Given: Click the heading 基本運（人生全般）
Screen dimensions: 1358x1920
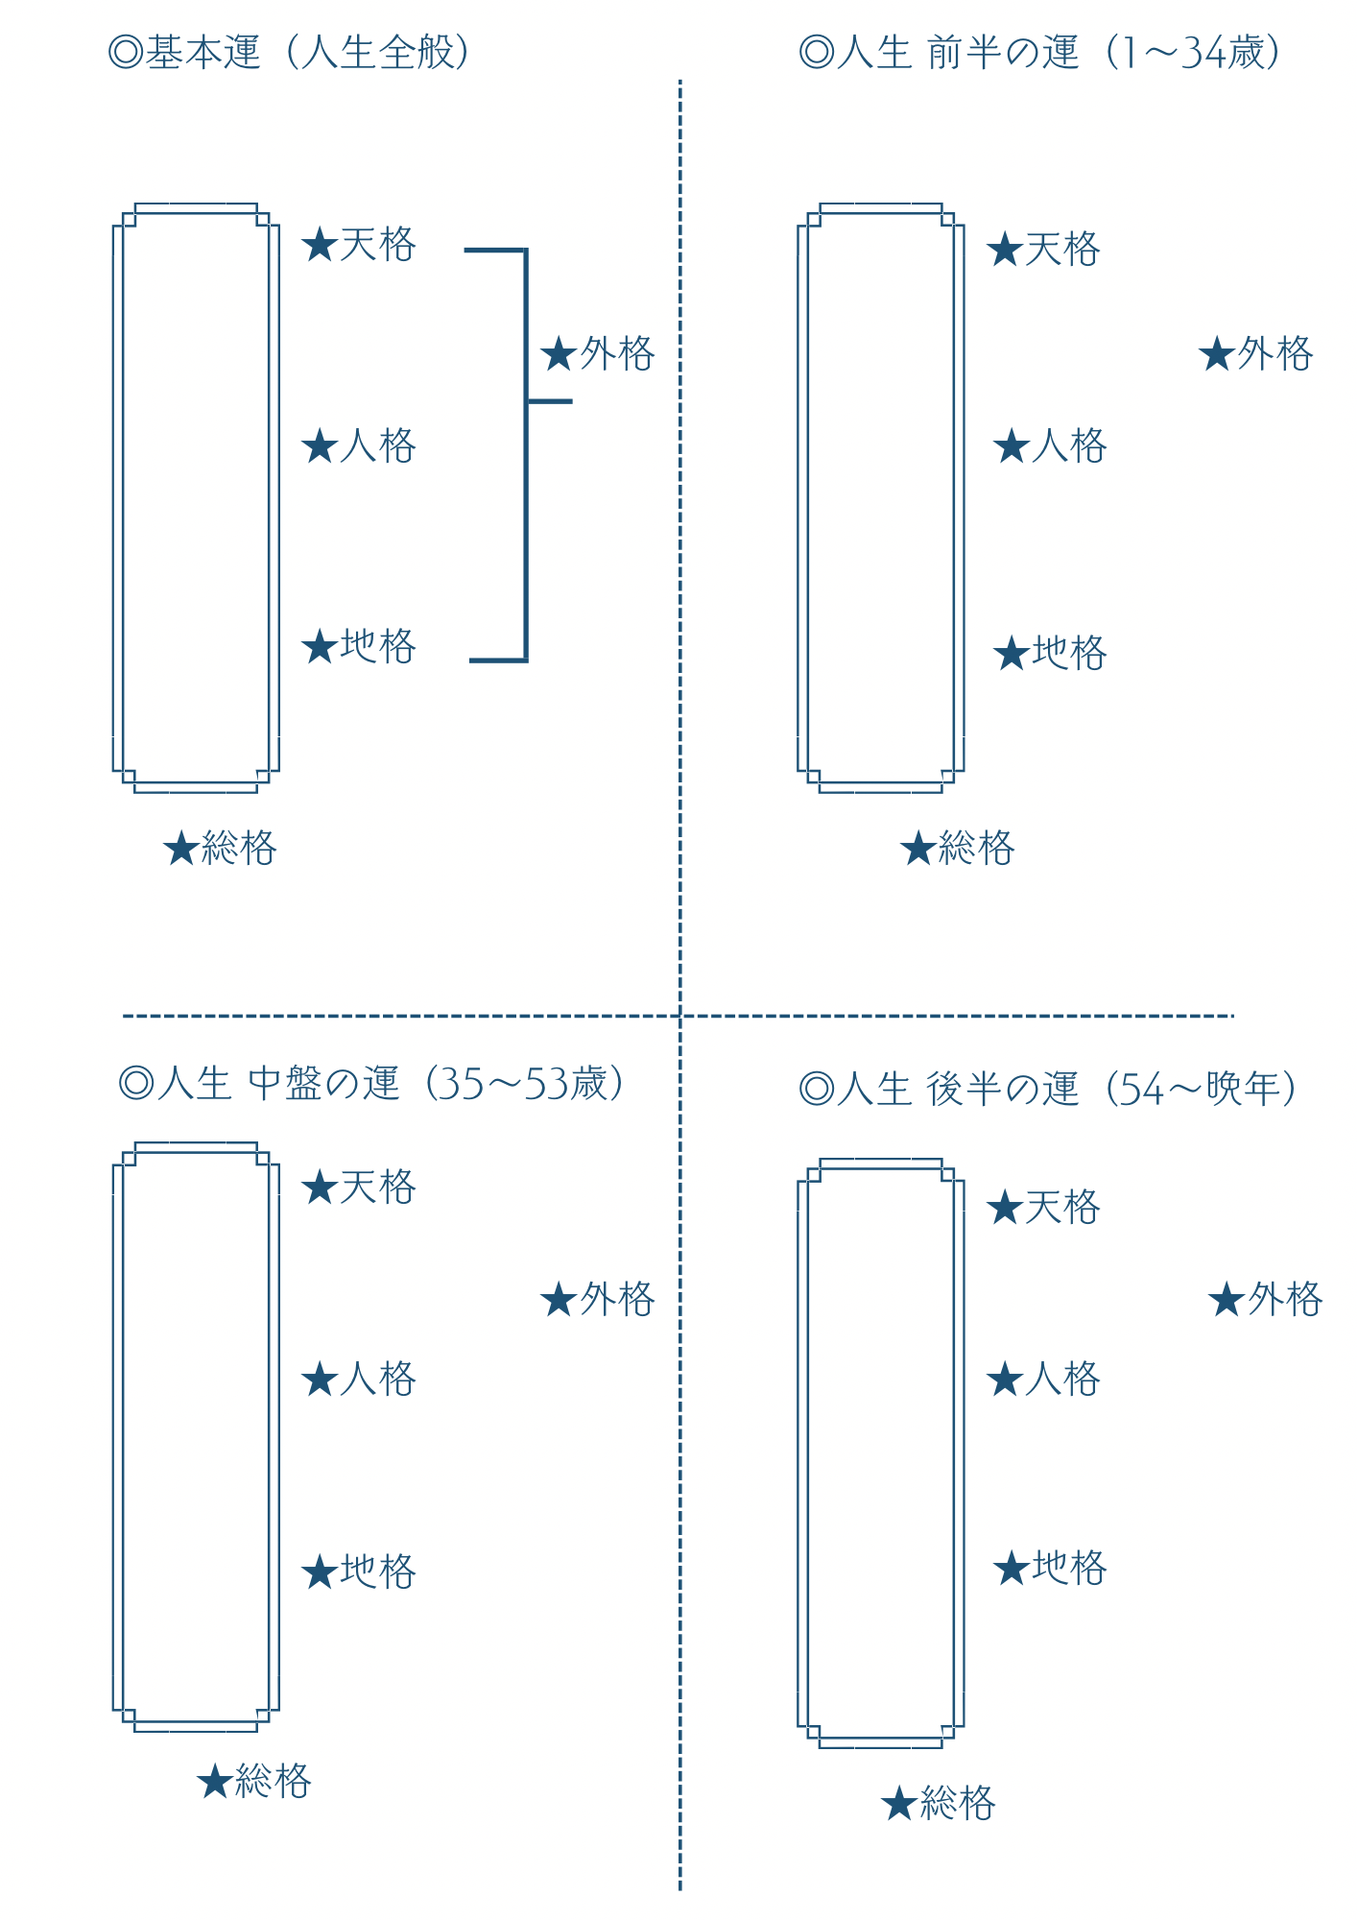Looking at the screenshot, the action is (x=290, y=52).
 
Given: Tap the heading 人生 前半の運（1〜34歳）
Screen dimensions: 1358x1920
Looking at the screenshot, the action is (x=1039, y=52).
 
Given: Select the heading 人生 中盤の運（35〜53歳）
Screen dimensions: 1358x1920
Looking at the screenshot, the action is (x=370, y=1083).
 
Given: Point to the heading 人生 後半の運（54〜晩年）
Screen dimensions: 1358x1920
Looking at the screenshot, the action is (x=1047, y=1089).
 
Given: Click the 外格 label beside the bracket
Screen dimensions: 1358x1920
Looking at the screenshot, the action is (x=598, y=354).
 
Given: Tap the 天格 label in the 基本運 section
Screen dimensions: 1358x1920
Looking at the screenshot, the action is (x=359, y=245).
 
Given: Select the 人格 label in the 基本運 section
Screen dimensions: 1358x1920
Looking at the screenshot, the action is (x=359, y=445).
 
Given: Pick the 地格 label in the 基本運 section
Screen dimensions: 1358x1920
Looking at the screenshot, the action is (x=359, y=646).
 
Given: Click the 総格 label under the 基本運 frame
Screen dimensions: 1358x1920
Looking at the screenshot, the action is (x=220, y=848).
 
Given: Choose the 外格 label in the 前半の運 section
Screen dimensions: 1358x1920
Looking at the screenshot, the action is (x=1256, y=354).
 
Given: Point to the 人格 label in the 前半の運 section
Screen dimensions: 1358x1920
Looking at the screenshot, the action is (x=1051, y=445).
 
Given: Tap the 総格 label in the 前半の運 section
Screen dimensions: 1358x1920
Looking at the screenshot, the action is (x=958, y=848).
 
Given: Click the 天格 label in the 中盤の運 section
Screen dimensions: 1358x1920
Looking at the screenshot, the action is (x=359, y=1188).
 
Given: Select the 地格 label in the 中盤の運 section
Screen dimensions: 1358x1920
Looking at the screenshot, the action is (x=359, y=1572).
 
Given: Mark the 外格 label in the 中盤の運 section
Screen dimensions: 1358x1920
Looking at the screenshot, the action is (x=598, y=1300).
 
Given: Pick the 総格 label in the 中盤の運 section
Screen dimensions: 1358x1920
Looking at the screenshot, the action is (x=254, y=1781).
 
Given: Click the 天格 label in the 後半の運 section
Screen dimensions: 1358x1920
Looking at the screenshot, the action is (x=1044, y=1207).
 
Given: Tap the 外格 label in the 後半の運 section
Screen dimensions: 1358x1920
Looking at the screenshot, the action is (x=1266, y=1300).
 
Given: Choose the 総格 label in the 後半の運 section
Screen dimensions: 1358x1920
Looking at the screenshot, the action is (x=939, y=1803).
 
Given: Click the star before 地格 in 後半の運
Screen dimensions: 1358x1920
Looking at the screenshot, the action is (x=1012, y=1569).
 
